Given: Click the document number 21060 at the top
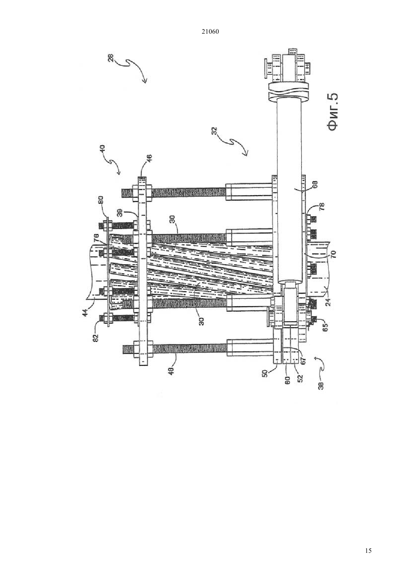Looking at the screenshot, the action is point(210,32).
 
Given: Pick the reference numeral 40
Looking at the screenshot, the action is point(102,149).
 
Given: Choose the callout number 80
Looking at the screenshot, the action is point(101,200).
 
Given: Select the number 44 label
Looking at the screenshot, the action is point(86,311).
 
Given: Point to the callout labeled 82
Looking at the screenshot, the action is point(96,338).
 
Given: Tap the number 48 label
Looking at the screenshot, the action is point(170,370).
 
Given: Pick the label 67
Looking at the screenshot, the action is point(304,361).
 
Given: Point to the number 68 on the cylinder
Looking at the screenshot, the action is point(315,185).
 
